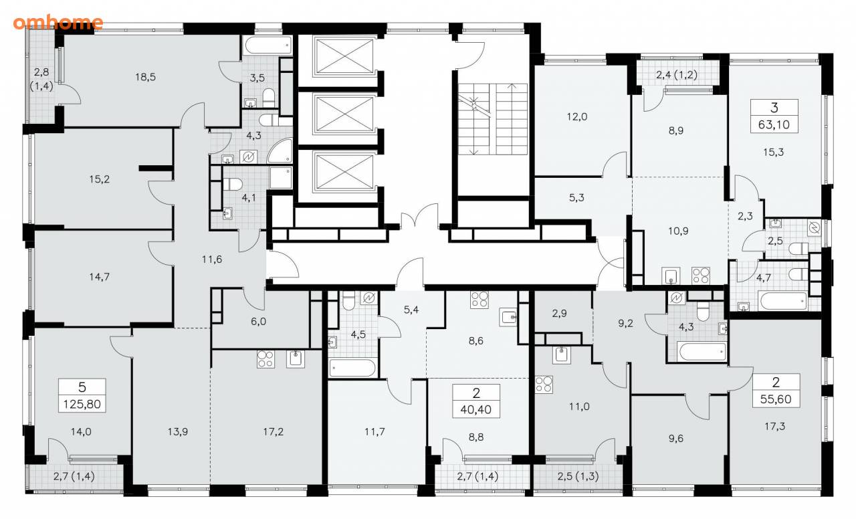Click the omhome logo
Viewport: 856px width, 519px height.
pyautogui.click(x=58, y=23)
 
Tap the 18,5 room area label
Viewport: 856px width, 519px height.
pyautogui.click(x=145, y=77)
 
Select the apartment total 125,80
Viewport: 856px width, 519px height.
pyautogui.click(x=82, y=404)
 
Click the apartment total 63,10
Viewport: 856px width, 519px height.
pyautogui.click(x=774, y=124)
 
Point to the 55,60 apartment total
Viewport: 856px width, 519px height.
pyautogui.click(x=775, y=399)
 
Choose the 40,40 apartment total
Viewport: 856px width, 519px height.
pyautogui.click(x=475, y=410)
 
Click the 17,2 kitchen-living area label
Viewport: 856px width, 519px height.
pyautogui.click(x=274, y=432)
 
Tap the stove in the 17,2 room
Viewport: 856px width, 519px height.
pyautogui.click(x=265, y=359)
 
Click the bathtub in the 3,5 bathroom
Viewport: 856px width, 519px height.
pyautogui.click(x=268, y=46)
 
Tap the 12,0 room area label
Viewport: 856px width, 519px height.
pyautogui.click(x=577, y=116)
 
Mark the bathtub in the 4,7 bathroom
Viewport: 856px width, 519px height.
pyautogui.click(x=783, y=301)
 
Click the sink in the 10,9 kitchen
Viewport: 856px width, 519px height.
pyautogui.click(x=671, y=276)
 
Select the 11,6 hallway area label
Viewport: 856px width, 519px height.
pyautogui.click(x=212, y=259)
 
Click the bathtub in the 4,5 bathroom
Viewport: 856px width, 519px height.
pyautogui.click(x=352, y=369)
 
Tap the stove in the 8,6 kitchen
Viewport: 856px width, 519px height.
pyautogui.click(x=479, y=300)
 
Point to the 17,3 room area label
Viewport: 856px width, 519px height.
pyautogui.click(x=774, y=427)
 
